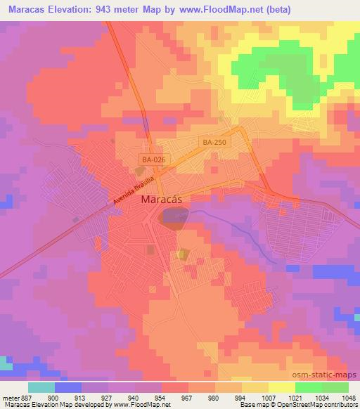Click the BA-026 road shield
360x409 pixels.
(x=153, y=160)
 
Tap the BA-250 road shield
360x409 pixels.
(x=213, y=142)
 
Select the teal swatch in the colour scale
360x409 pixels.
(x=41, y=387)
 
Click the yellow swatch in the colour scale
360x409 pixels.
(x=281, y=387)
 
